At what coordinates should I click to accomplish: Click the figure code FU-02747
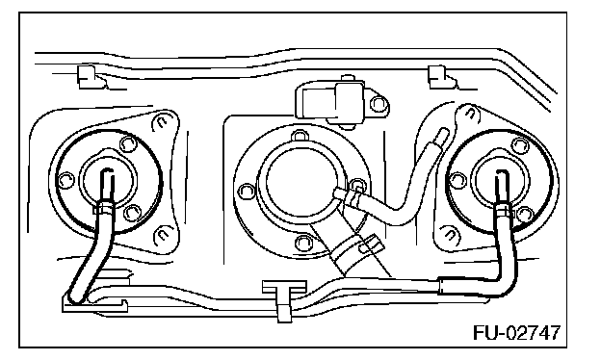point(516,332)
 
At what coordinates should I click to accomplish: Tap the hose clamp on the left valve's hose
point(104,209)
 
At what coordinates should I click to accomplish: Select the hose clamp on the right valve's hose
point(504,209)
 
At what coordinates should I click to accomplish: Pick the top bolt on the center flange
point(299,136)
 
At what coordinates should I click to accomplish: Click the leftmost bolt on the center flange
point(246,191)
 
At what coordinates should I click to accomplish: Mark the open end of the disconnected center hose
point(441,135)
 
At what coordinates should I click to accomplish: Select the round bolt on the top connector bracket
point(379,103)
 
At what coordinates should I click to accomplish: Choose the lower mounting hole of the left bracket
point(162,237)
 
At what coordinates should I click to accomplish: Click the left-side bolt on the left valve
point(65,179)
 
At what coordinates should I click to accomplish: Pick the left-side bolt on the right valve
point(457,180)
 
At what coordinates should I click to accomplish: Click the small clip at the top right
point(442,77)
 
